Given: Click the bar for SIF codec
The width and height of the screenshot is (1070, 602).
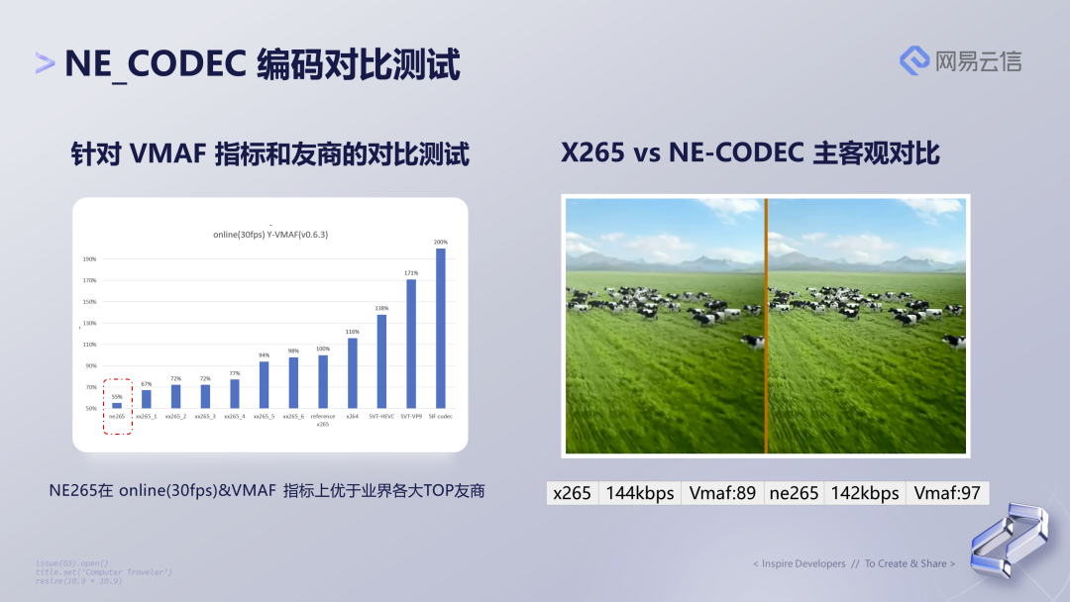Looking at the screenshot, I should pyautogui.click(x=441, y=328).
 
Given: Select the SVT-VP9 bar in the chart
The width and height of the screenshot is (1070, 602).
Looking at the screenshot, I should pyautogui.click(x=411, y=344).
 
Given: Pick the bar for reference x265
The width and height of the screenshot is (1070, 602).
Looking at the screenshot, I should pyautogui.click(x=323, y=381).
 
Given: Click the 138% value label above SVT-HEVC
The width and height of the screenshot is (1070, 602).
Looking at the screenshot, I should pyautogui.click(x=381, y=308).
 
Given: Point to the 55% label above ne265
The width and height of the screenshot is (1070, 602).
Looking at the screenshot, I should pyautogui.click(x=117, y=396).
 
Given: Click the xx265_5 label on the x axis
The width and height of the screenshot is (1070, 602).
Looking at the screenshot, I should pyautogui.click(x=264, y=417).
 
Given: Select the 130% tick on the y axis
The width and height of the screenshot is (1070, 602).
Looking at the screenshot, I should pyautogui.click(x=90, y=323).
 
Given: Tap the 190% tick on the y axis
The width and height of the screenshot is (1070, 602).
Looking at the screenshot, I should pyautogui.click(x=90, y=259).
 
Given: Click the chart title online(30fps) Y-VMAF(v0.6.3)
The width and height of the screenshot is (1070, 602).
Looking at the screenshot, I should pyautogui.click(x=269, y=234).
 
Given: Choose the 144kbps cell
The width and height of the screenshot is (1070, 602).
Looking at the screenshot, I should pyautogui.click(x=640, y=493).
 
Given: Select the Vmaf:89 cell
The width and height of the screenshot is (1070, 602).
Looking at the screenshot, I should pyautogui.click(x=722, y=493).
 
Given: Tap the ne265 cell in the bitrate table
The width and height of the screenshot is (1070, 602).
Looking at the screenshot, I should pyautogui.click(x=794, y=493).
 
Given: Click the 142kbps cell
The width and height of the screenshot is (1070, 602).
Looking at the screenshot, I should pyautogui.click(x=864, y=493).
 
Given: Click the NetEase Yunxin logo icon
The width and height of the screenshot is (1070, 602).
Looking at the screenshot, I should pyautogui.click(x=913, y=60).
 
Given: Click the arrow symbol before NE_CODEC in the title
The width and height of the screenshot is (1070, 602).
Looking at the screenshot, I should pyautogui.click(x=45, y=64).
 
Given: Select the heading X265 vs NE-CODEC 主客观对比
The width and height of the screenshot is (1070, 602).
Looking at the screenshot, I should pyautogui.click(x=750, y=153).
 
